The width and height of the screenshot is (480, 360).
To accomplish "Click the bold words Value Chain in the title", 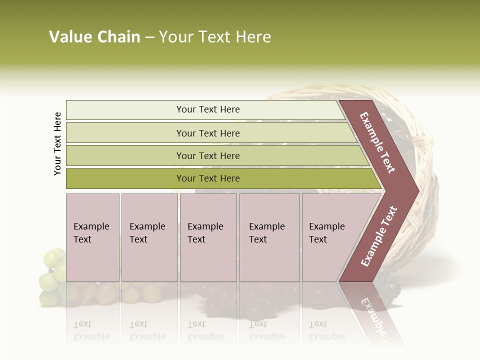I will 94,37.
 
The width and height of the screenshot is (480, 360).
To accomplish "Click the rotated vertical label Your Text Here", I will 57,143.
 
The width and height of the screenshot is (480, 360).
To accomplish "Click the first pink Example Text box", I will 92,237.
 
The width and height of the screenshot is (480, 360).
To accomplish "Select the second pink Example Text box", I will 149,237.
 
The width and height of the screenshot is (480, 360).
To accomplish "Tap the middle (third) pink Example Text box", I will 208,237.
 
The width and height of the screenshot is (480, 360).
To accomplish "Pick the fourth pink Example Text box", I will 269,237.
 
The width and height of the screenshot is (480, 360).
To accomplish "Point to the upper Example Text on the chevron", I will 377,142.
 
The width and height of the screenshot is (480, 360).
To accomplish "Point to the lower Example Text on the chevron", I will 379,236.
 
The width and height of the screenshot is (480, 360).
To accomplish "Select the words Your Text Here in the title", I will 215,37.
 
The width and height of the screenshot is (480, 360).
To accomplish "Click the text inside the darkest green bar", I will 208,178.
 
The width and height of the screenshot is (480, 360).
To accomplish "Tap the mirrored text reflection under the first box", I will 91,330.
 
